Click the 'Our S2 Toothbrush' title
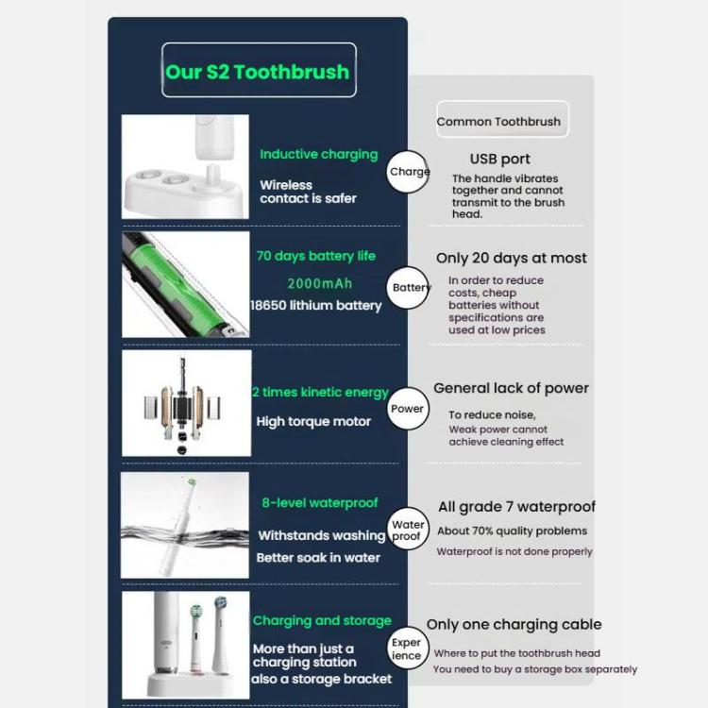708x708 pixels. point(258,71)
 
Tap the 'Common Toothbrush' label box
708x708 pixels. point(498,121)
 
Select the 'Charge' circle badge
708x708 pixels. point(409,172)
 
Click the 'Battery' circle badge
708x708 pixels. point(411,288)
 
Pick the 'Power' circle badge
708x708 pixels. point(408,409)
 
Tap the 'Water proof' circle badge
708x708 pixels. point(408,531)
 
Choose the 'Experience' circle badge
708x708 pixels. point(407,649)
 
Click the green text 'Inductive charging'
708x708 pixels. point(318,154)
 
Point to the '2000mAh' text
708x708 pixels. point(319,283)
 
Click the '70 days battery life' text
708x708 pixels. point(315,256)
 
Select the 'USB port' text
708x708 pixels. point(499,160)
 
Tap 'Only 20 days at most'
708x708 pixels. point(511,258)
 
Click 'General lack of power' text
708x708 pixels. point(511,388)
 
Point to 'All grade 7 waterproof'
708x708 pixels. point(516,507)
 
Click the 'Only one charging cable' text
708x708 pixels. point(514,624)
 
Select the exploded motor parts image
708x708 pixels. point(186,403)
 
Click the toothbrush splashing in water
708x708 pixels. point(186,525)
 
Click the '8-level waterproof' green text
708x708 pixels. point(320,503)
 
